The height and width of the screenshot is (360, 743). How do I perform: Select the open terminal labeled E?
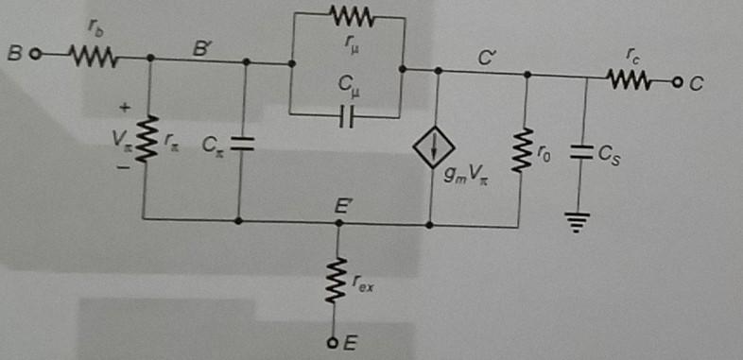click(333, 342)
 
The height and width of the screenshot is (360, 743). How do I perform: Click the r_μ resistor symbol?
click(352, 16)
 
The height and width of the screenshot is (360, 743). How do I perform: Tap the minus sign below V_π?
click(123, 167)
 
